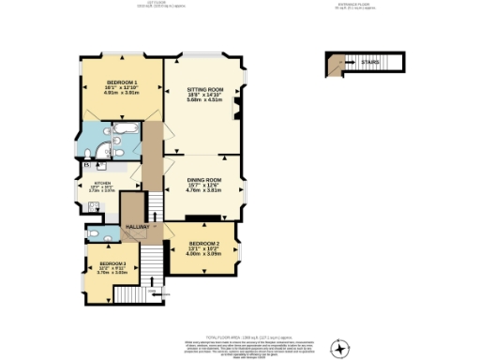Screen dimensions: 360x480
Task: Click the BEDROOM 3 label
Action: click(112, 263)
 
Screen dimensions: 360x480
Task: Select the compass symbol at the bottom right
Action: click(340, 348)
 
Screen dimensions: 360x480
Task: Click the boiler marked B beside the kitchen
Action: click(87, 166)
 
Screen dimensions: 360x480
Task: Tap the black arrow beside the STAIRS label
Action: click(347, 64)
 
